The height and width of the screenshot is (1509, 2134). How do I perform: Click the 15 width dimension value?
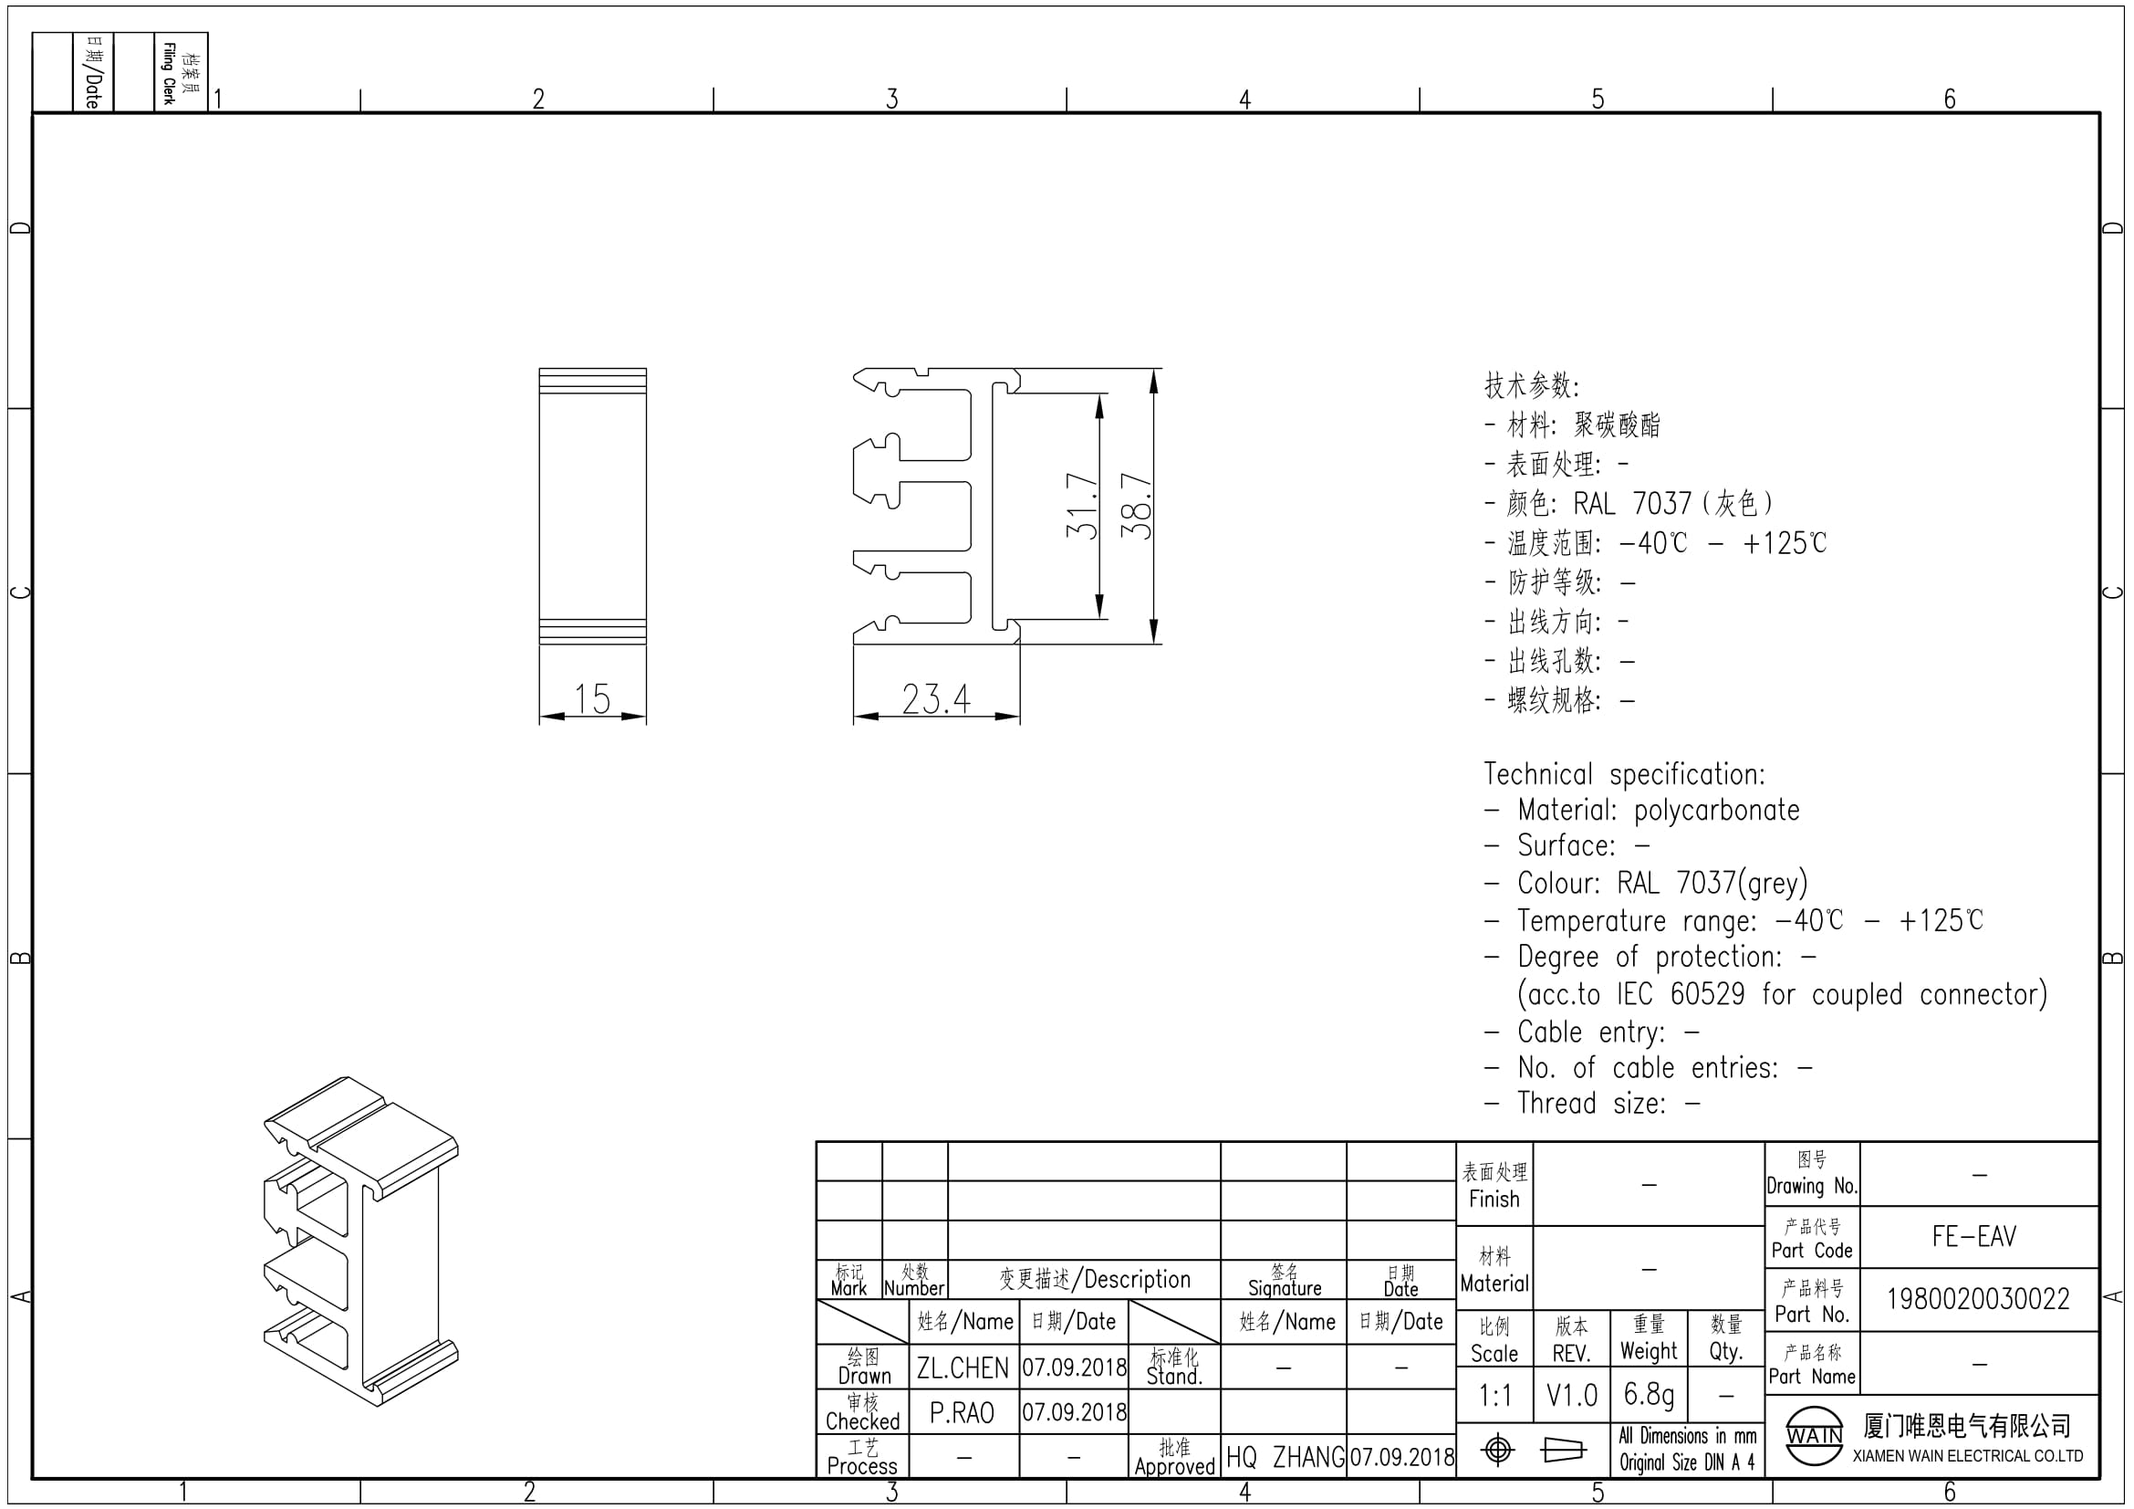(x=592, y=699)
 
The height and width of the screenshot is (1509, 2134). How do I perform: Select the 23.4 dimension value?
(x=936, y=699)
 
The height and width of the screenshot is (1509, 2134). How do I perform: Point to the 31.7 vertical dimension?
(x=1082, y=506)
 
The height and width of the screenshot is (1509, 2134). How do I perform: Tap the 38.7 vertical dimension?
(x=1136, y=506)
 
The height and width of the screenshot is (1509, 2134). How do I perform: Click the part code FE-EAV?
(x=1974, y=1237)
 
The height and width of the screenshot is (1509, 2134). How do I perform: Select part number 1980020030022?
(x=1978, y=1299)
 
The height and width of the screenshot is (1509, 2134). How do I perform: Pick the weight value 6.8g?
(x=1649, y=1395)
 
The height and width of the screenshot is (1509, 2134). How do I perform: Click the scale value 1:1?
(x=1495, y=1396)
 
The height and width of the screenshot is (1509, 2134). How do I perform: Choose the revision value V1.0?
(x=1572, y=1396)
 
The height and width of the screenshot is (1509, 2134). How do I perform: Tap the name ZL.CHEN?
(x=962, y=1368)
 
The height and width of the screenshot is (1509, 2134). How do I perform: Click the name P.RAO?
(x=962, y=1413)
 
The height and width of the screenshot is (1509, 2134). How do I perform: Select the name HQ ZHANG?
(x=1286, y=1457)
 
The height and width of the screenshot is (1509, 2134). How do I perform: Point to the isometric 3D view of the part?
(x=360, y=1242)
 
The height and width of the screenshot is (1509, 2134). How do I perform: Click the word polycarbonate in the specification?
(x=1717, y=811)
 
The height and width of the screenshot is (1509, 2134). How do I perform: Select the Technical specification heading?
(x=1624, y=773)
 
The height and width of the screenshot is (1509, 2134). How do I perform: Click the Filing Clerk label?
(x=168, y=73)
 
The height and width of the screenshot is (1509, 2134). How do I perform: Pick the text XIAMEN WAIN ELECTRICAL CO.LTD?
(x=1968, y=1456)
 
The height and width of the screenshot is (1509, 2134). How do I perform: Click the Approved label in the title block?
(x=1175, y=1466)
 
